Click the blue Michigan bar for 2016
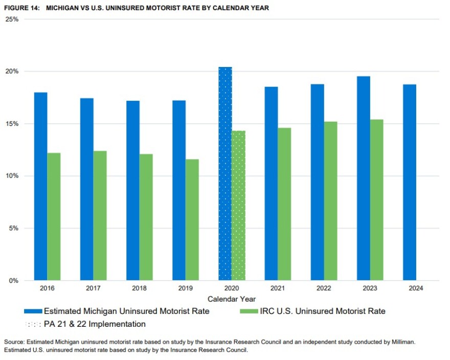40,186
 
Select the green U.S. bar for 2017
100,215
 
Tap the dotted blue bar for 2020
225,174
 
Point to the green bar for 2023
376,200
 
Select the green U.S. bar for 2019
192,220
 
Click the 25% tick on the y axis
12,19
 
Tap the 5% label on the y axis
13,228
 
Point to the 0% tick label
13,281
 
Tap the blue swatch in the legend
33,311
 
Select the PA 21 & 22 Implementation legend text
95,324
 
